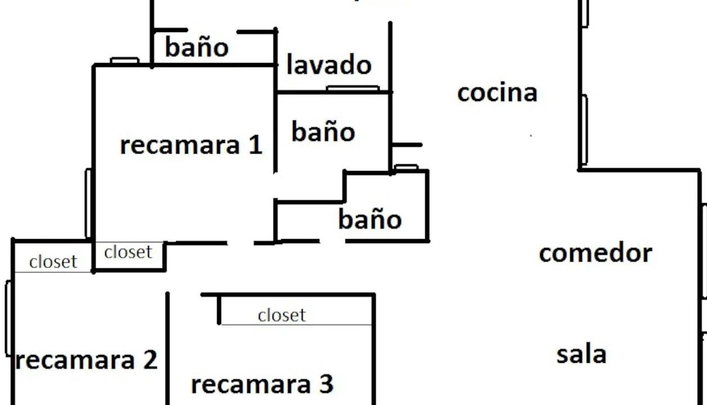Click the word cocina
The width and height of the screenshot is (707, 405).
click(497, 92)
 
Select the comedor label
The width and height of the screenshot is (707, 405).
click(596, 253)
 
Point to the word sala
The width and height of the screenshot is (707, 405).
click(582, 354)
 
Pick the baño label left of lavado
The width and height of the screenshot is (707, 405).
click(197, 47)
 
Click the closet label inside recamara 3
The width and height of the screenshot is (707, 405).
click(282, 315)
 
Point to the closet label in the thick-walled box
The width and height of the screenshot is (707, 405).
click(128, 252)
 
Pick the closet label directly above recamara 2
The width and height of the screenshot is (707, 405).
click(53, 262)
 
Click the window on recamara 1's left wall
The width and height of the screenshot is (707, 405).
click(88, 203)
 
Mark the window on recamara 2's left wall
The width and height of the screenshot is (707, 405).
click(8, 318)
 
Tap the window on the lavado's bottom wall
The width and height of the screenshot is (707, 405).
click(353, 88)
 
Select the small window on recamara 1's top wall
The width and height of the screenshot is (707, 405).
click(124, 60)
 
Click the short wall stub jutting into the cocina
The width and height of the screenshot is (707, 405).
click(407, 145)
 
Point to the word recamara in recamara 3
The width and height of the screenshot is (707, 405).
click(251, 385)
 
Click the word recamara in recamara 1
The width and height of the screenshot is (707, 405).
click(180, 146)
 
